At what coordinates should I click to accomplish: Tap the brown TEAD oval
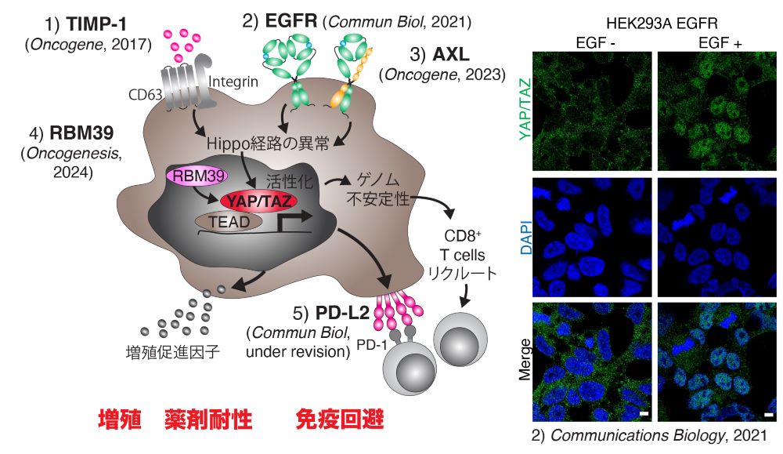pos(229,223)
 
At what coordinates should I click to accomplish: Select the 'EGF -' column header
pos(590,44)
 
